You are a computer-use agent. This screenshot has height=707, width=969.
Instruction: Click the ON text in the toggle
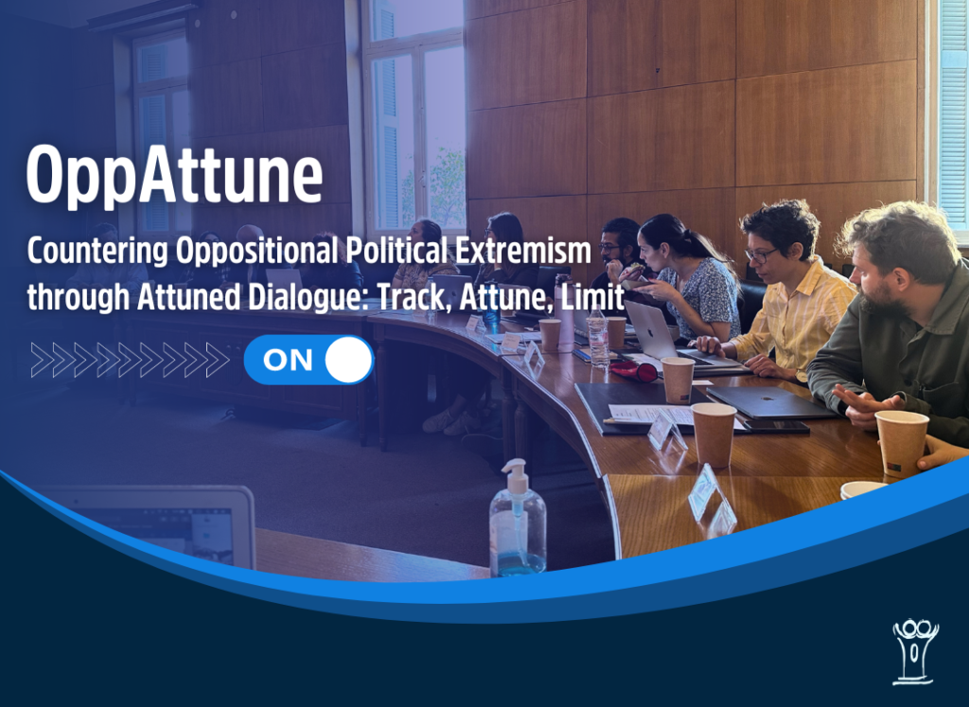pyautogui.click(x=288, y=360)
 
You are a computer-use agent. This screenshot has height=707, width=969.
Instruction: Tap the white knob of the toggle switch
pyautogui.click(x=348, y=360)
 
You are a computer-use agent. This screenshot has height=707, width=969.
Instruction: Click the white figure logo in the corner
pyautogui.click(x=915, y=652)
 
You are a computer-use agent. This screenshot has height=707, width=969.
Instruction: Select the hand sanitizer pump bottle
pyautogui.click(x=518, y=519)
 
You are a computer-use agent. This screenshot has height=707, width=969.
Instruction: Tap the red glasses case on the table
pyautogui.click(x=634, y=371)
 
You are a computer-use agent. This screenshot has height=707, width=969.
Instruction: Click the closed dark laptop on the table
pyautogui.click(x=770, y=403)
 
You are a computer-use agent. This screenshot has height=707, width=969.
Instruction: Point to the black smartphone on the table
pyautogui.click(x=776, y=427)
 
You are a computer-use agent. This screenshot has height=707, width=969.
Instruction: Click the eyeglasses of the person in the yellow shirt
pyautogui.click(x=762, y=254)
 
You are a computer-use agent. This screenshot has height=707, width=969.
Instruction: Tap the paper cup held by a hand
pyautogui.click(x=902, y=443)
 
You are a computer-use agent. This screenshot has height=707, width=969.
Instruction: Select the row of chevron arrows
pyautogui.click(x=130, y=360)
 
